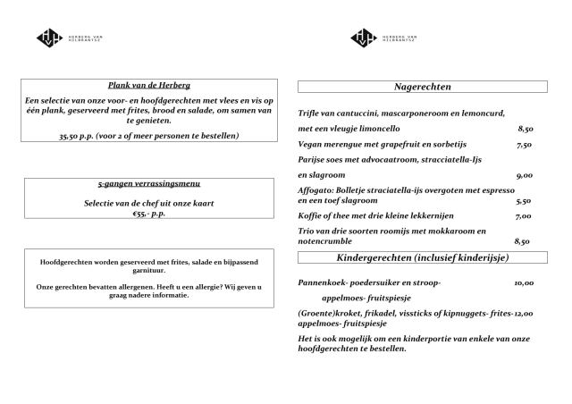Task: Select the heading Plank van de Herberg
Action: point(149,85)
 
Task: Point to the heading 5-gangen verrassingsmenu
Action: point(149,184)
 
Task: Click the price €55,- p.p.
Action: point(149,214)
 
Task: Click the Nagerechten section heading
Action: point(422,87)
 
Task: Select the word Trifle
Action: point(309,114)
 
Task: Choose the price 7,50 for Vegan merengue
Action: point(525,144)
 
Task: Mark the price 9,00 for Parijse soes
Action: point(525,175)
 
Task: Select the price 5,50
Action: point(524,202)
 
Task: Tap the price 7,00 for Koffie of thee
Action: point(524,216)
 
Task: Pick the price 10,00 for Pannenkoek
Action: point(524,282)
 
